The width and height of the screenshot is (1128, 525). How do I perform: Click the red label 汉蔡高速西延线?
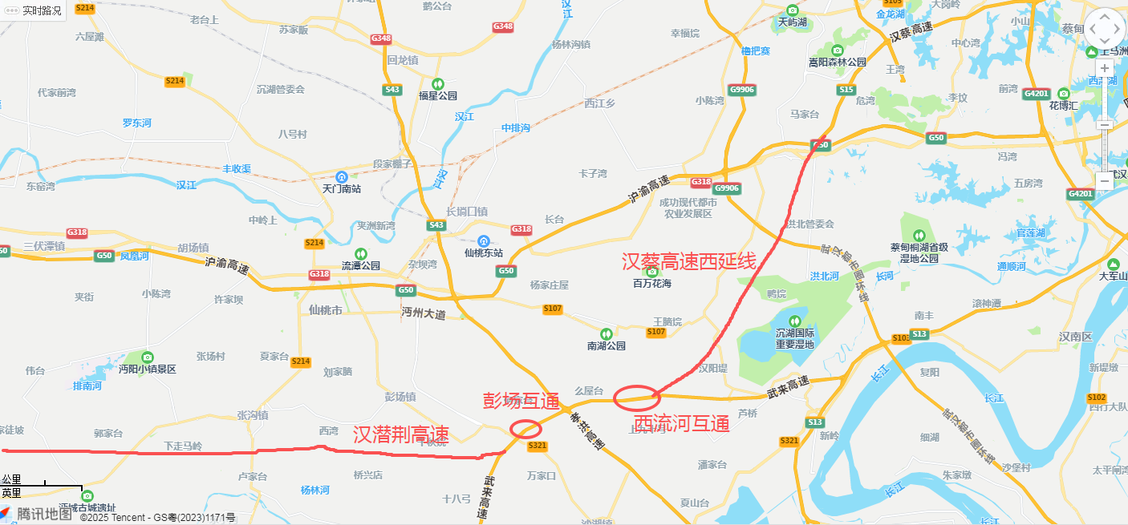(690, 261)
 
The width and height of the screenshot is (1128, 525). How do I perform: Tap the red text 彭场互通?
(520, 401)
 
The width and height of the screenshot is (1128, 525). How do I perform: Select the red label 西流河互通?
(681, 423)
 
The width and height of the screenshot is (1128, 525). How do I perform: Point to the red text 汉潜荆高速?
(400, 434)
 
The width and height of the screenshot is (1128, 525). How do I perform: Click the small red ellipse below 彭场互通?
(525, 429)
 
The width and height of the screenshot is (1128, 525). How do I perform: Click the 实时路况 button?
(34, 10)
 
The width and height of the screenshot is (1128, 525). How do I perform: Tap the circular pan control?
(1105, 28)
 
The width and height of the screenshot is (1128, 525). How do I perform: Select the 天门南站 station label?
(342, 189)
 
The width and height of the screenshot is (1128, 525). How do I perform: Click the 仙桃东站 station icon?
(483, 241)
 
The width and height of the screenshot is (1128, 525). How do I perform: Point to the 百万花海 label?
(651, 283)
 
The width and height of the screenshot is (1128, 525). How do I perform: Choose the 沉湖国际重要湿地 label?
(794, 338)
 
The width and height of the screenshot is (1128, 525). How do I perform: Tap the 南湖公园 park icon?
(607, 333)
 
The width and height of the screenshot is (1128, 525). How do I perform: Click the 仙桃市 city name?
(326, 309)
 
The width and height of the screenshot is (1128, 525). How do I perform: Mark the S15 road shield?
(846, 90)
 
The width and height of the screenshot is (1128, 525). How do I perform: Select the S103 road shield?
(901, 338)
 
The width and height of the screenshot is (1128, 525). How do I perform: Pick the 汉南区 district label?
(1076, 337)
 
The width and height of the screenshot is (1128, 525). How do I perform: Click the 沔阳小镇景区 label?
(147, 370)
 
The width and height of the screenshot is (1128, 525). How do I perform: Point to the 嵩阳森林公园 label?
(838, 62)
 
